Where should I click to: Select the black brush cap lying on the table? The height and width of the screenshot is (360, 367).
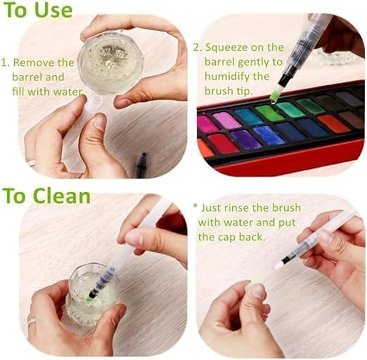[141, 164]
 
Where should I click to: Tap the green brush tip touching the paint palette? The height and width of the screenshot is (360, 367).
[274, 95]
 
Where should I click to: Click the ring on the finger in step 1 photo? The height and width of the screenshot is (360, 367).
[32, 162]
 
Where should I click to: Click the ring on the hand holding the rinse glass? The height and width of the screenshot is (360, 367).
[32, 322]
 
